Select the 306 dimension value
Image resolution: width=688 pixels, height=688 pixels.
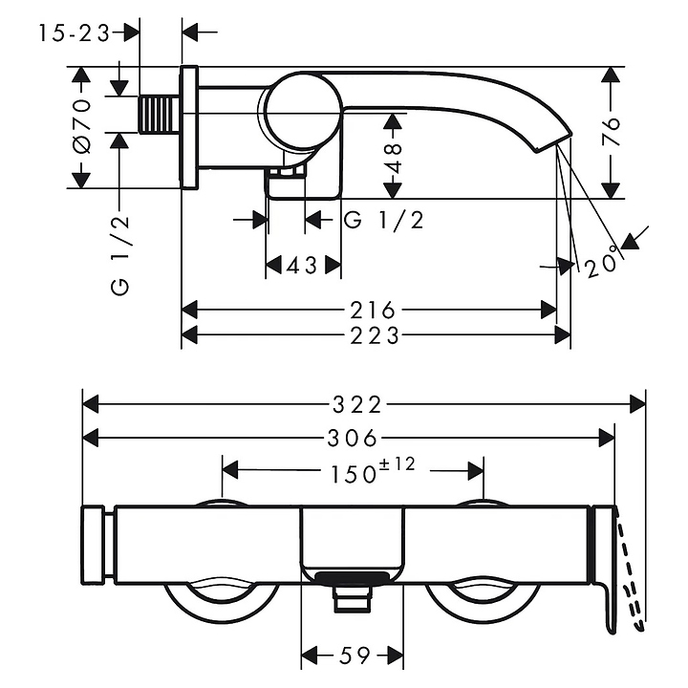[350, 438]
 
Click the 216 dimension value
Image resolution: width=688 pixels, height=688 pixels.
[370, 310]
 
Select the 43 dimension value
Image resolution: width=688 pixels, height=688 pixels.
[301, 266]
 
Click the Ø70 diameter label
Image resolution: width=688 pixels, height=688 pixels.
[82, 126]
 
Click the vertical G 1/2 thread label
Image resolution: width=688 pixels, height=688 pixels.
[119, 256]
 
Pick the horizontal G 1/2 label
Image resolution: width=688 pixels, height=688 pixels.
[383, 221]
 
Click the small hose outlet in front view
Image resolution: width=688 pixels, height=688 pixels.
[351, 598]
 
